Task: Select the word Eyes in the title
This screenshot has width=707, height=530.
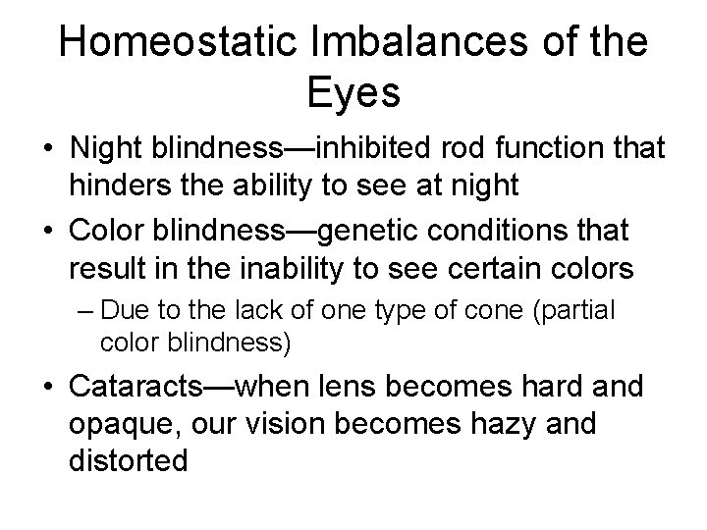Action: tap(353, 95)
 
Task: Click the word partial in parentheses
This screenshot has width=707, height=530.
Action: tap(578, 311)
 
